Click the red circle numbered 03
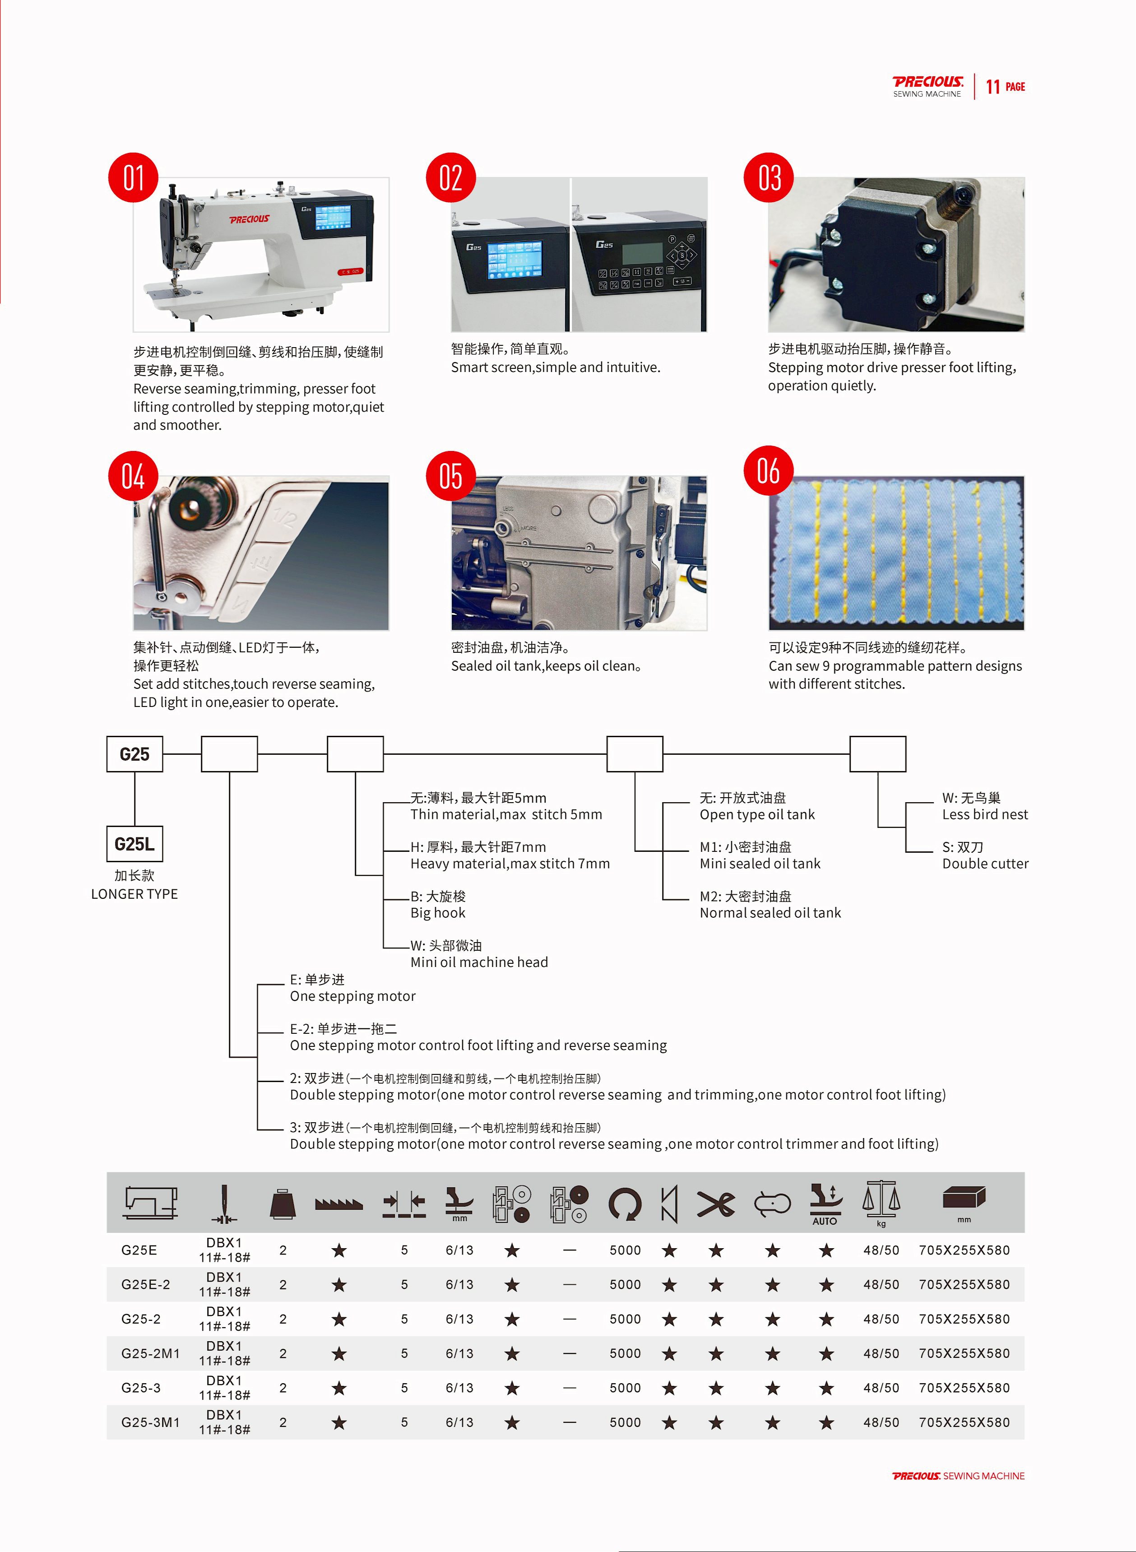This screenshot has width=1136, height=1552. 769,177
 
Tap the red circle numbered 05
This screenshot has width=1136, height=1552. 450,476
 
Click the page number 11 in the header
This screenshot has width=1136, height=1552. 992,87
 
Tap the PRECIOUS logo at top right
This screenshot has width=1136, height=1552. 927,86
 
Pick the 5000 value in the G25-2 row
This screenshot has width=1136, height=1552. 625,1319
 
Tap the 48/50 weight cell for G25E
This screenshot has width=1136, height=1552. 881,1250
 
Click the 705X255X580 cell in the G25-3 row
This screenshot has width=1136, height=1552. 964,1388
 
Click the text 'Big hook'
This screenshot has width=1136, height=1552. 438,913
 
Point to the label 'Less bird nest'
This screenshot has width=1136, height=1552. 985,815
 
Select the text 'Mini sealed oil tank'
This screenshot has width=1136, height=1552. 760,864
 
